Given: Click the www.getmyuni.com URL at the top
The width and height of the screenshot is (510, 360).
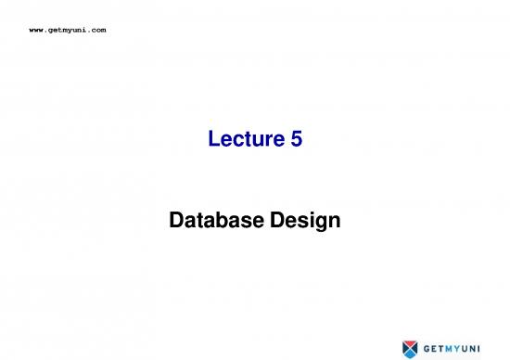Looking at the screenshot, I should tap(69, 31).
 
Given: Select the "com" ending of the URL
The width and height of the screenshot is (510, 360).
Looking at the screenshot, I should tap(98, 31).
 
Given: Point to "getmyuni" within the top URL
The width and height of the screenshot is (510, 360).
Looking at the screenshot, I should tap(69, 31).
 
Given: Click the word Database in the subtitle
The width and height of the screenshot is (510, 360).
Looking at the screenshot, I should tap(213, 222).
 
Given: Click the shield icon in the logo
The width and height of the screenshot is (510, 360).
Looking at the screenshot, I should tap(411, 348).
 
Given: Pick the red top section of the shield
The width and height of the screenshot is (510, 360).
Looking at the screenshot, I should tap(411, 341).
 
